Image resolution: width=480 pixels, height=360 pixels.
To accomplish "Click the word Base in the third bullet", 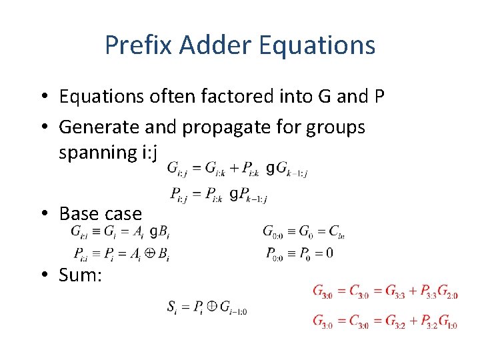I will (79, 213).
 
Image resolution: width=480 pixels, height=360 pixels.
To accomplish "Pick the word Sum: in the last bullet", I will (81, 275).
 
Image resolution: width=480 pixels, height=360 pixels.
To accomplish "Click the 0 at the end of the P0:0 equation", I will (330, 253).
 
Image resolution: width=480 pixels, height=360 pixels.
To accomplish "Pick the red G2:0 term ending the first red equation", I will (447, 292).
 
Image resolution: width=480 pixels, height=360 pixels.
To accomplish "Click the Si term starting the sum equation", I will (173, 307).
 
